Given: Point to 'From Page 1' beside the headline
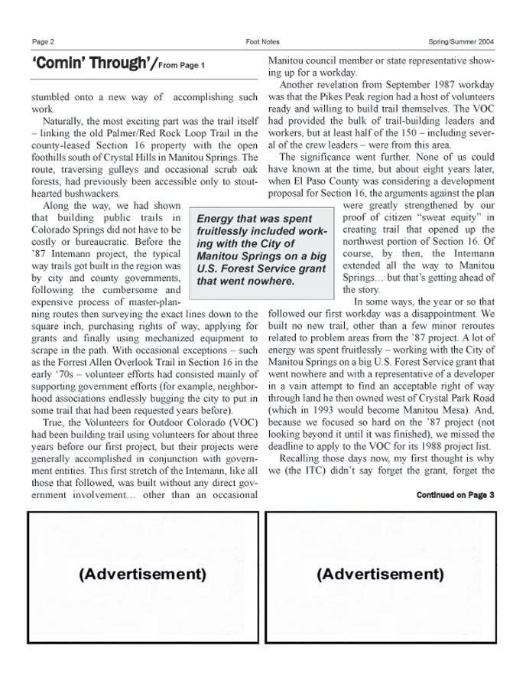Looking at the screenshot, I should point(181,66).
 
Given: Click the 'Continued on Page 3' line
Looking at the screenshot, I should point(455,495).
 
